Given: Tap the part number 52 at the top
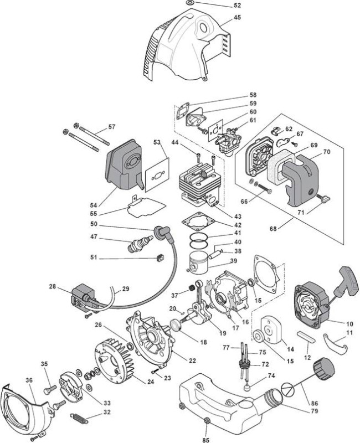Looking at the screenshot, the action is (238, 5).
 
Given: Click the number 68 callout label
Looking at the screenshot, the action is (273, 229).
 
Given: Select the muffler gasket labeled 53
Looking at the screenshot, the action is (157, 175).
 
